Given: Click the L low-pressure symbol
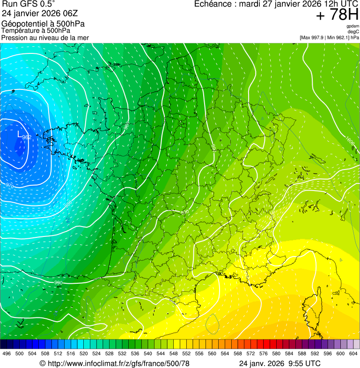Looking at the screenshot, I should click(x=19, y=134).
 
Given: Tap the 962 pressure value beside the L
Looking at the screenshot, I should click(x=27, y=137).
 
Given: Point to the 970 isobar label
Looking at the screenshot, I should click(x=9, y=186).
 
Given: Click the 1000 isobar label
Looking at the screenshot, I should click(x=350, y=140).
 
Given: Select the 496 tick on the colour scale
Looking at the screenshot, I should click(x=7, y=353).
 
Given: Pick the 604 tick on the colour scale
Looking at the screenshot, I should click(x=353, y=353).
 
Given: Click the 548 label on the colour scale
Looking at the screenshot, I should click(x=173, y=353).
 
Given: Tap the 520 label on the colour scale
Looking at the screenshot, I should click(x=83, y=353).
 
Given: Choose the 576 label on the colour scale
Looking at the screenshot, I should click(x=263, y=353).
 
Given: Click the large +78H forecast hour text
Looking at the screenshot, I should click(x=337, y=15).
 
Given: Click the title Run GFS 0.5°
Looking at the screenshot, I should click(x=28, y=4).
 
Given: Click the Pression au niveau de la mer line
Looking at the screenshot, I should click(x=45, y=37).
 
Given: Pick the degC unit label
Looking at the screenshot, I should click(x=353, y=32).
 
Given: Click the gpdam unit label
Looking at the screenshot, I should click(x=353, y=26).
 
